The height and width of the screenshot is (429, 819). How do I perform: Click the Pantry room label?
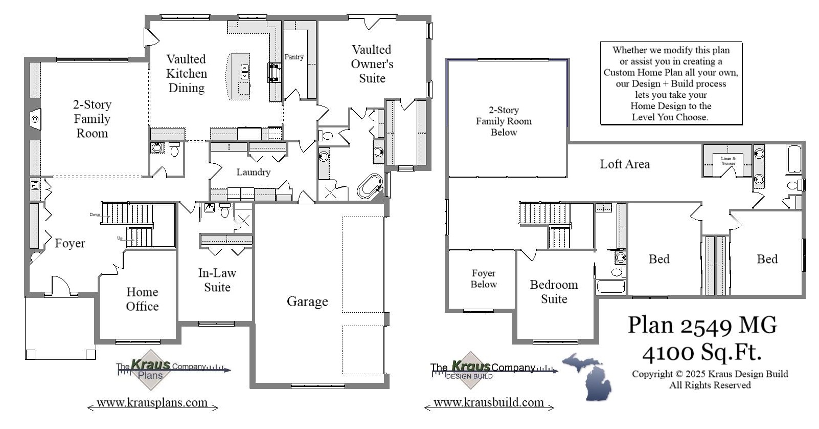pyautogui.click(x=294, y=57)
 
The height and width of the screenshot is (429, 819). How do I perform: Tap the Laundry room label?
pyautogui.click(x=253, y=172)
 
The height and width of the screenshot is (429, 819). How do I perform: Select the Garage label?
pyautogui.click(x=307, y=302)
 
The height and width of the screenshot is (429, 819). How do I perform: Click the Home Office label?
pyautogui.click(x=142, y=299)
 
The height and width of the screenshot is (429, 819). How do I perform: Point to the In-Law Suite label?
pyautogui.click(x=217, y=280)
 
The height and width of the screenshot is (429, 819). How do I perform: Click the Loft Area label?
pyautogui.click(x=625, y=164)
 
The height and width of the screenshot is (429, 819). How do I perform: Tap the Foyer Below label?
pyautogui.click(x=484, y=278)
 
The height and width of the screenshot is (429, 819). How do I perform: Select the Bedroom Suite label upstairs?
pyautogui.click(x=554, y=292)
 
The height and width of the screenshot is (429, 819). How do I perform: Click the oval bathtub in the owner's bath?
pyautogui.click(x=370, y=186)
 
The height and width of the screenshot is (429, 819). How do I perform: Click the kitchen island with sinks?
pyautogui.click(x=238, y=76)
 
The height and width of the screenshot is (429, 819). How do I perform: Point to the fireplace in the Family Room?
pyautogui.click(x=35, y=119)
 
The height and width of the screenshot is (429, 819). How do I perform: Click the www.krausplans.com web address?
pyautogui.click(x=152, y=403)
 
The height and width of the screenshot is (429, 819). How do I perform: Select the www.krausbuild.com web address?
pyautogui.click(x=489, y=403)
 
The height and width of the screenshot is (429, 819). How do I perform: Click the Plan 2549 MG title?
pyautogui.click(x=702, y=325)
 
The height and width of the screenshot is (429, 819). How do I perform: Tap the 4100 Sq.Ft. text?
pyautogui.click(x=702, y=352)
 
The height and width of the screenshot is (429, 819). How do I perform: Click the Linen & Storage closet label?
pyautogui.click(x=728, y=161)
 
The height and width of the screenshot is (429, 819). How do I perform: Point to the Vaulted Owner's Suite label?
pyautogui.click(x=372, y=64)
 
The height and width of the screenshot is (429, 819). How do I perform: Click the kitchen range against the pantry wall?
pyautogui.click(x=275, y=73)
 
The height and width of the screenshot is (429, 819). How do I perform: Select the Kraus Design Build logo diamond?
pyautogui.click(x=469, y=370)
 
